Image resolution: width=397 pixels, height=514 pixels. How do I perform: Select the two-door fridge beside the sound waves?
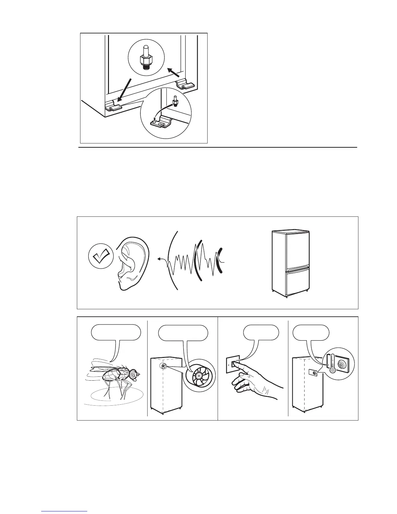point(290,263)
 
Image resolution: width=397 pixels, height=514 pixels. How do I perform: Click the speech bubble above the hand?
point(261,333)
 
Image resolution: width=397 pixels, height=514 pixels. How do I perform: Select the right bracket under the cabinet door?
point(185,86)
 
